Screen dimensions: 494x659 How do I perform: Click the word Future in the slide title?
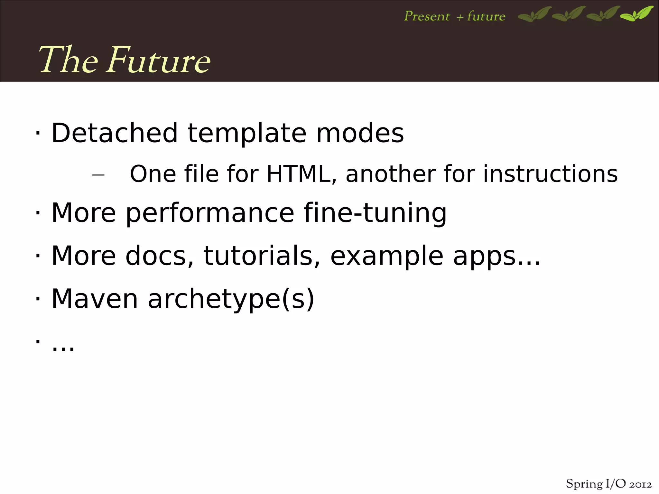tap(158, 60)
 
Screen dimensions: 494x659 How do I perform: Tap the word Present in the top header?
tap(427, 16)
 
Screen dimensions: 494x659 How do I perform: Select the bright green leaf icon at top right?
tap(637, 14)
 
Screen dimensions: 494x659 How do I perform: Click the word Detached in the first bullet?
tap(114, 133)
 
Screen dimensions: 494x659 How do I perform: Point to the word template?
tap(247, 134)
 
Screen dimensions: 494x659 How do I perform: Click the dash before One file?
tap(98, 175)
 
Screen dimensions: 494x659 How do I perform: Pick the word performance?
tap(210, 213)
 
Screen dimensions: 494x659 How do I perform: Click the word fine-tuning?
tap(375, 213)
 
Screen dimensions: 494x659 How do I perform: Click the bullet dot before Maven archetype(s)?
tap(38, 299)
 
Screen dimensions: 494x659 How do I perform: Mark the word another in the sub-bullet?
tap(390, 174)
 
